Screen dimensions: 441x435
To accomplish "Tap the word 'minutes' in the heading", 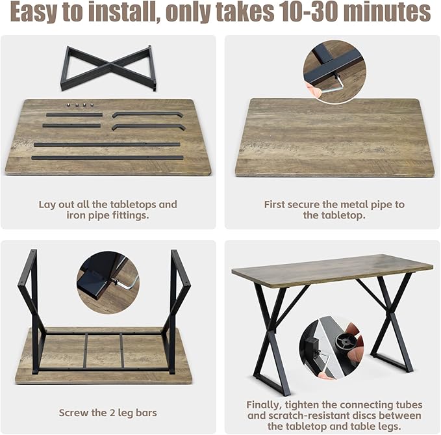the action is (x=387, y=12).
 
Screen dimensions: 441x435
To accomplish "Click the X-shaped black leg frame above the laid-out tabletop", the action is (x=108, y=68).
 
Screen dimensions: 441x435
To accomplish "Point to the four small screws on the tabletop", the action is (x=80, y=105).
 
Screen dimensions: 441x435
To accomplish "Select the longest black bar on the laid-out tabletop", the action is (x=107, y=157).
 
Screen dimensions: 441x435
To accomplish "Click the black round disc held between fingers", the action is (x=346, y=342).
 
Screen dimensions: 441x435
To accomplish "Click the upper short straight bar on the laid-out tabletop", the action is (x=74, y=115).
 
